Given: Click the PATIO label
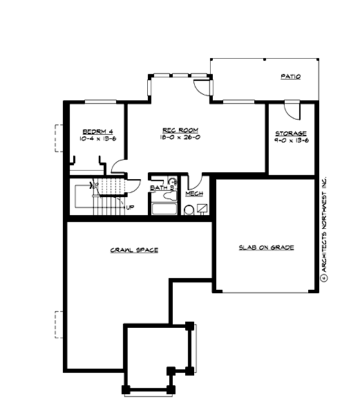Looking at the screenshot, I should pyautogui.click(x=290, y=77).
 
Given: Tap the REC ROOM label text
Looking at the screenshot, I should pyautogui.click(x=180, y=129).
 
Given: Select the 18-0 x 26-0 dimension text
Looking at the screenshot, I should pyautogui.click(x=180, y=138).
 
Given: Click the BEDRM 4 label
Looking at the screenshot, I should pyautogui.click(x=94, y=131).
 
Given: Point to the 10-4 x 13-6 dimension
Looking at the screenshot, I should pyautogui.click(x=94, y=139).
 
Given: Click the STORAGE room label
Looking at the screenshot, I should pyautogui.click(x=291, y=133).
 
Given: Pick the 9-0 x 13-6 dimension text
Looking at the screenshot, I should pyautogui.click(x=291, y=141).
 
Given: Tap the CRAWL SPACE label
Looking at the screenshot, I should pyautogui.click(x=134, y=250).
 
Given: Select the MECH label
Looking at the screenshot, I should pyautogui.click(x=194, y=194).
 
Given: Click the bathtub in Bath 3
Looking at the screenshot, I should pyautogui.click(x=164, y=210).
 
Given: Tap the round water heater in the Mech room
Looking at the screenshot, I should pyautogui.click(x=189, y=210).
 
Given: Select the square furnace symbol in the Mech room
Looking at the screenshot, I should pyautogui.click(x=202, y=207).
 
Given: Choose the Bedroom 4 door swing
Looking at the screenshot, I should pyautogui.click(x=118, y=167).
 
